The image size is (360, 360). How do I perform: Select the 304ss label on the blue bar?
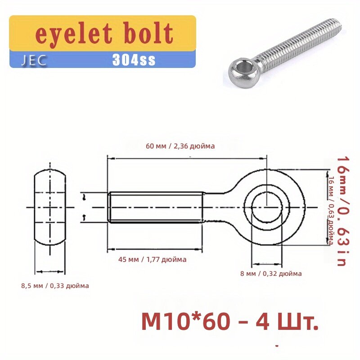(x=134, y=60)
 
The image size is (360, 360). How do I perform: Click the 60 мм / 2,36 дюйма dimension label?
(x=180, y=146)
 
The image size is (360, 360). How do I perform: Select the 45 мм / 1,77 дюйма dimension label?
(x=152, y=260)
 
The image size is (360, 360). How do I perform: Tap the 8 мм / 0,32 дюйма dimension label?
(x=271, y=274)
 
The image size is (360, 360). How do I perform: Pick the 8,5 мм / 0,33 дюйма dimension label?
(x=55, y=286)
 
